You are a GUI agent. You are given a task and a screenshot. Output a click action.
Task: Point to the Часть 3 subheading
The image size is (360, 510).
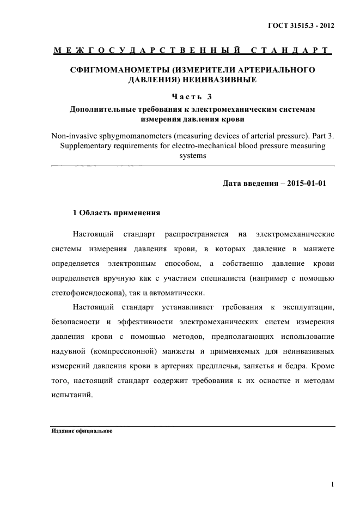coord(193,97)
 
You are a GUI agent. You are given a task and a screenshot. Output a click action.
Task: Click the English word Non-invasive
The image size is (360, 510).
coord(71,136)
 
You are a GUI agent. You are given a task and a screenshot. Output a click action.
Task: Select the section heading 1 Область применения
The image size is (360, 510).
coord(116,212)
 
